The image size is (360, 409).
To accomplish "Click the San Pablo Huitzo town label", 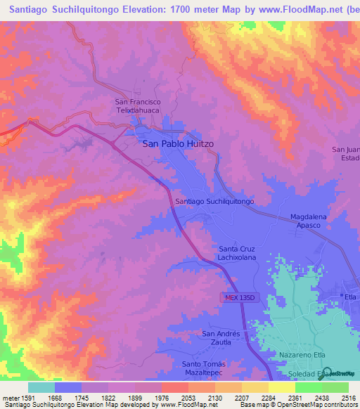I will coord(178,143).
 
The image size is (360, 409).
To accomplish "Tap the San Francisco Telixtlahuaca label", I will coord(139,106).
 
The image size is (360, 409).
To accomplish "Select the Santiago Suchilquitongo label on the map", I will coord(214,201).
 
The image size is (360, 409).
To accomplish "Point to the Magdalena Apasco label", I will coord(308,221).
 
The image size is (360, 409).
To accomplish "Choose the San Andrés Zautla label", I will coord(221,337).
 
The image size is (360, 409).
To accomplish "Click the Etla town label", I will coord(352,297).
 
